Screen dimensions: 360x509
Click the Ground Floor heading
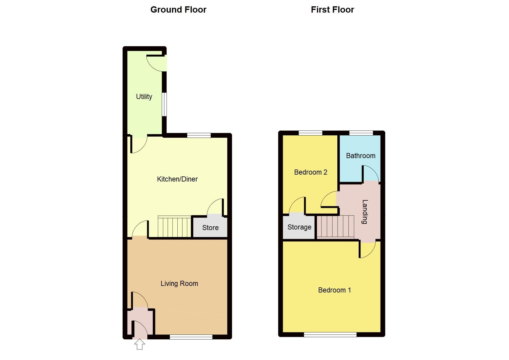pos(178,10)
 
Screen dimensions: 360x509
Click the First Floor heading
pos(332,10)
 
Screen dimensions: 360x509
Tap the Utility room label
pos(144,97)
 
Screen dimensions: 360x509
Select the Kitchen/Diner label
pos(177,179)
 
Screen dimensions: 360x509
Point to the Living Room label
pos(179,283)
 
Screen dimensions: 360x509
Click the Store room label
pos(210,228)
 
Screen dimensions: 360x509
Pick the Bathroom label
pos(360,156)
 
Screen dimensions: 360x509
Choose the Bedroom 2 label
pos(311,172)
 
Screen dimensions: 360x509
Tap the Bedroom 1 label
pos(334,290)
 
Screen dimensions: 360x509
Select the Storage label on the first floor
pos(299,227)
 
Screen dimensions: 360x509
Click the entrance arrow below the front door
pos(140,344)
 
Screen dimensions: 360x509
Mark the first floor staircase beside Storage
pos(335,227)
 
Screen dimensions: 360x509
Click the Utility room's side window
pos(164,104)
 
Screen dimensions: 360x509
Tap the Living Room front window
pos(191,337)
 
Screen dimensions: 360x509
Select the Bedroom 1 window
pos(330,334)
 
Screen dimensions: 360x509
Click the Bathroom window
pos(361,133)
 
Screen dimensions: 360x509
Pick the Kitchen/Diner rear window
pos(199,135)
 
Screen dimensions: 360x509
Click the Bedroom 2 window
pos(310,133)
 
